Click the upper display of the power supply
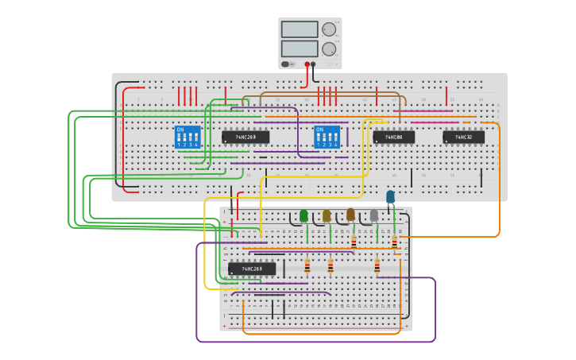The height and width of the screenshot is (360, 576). tap(300, 29)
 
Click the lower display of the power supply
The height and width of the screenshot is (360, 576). tap(300, 48)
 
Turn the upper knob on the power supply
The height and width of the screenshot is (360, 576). tap(329, 29)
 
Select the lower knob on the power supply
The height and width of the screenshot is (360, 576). tap(329, 48)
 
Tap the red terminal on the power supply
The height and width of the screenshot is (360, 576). tap(307, 64)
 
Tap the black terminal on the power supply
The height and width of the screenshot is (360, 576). tap(314, 64)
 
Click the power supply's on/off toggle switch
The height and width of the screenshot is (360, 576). tap(286, 64)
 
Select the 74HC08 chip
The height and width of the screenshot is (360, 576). tap(393, 137)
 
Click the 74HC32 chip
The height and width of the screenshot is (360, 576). tap(463, 137)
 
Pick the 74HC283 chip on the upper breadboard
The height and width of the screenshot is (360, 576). tap(245, 137)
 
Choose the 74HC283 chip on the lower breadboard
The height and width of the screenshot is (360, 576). tap(252, 269)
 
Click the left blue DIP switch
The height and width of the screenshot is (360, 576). tap(187, 137)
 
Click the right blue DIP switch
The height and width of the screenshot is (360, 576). tap(327, 137)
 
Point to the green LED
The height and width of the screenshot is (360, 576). tap(303, 215)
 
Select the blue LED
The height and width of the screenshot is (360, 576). tap(390, 196)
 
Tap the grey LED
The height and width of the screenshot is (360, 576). tap(374, 215)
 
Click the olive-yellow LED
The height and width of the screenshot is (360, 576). tap(327, 215)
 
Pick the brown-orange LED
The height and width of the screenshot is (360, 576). tap(350, 214)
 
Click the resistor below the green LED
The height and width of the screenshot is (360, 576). tap(307, 265)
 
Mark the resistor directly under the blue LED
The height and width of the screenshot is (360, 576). tap(394, 242)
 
